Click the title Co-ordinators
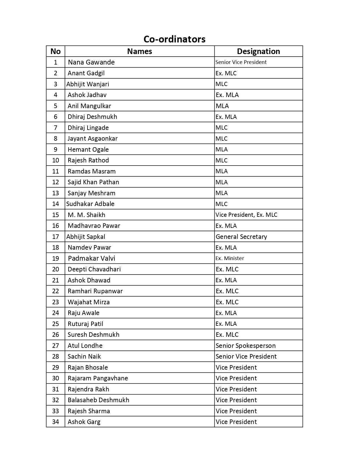(x=174, y=39)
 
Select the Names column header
(x=139, y=51)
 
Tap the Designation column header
(x=258, y=51)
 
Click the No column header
(x=55, y=51)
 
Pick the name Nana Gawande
(x=91, y=62)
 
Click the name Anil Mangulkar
(x=89, y=106)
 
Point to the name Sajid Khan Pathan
(x=93, y=182)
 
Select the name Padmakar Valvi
(x=91, y=258)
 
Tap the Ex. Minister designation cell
(x=230, y=258)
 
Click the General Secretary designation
(x=241, y=237)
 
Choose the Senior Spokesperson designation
(x=245, y=346)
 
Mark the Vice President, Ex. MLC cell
(x=246, y=215)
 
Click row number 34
(x=55, y=422)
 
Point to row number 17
(x=55, y=237)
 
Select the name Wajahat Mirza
(x=89, y=302)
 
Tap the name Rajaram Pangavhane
(x=98, y=378)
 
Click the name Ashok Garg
(x=84, y=422)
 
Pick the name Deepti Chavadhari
(x=94, y=269)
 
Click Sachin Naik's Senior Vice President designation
(x=246, y=356)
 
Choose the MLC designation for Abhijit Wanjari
(x=221, y=84)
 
